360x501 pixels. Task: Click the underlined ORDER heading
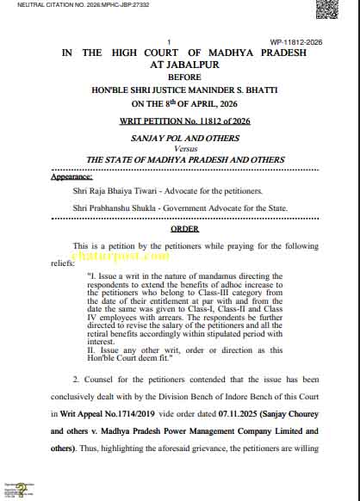(184, 229)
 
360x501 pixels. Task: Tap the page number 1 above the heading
(169, 41)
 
